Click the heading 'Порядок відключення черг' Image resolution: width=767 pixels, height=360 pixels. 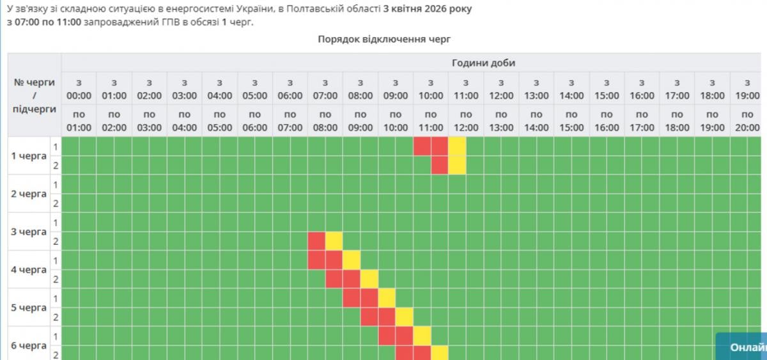coord(384,39)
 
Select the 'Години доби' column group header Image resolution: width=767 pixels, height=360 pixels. coord(483,63)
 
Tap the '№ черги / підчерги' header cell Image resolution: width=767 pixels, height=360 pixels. coord(35,95)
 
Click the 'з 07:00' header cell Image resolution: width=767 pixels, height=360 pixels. coord(325,89)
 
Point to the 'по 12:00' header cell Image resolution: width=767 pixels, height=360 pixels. coord(466,121)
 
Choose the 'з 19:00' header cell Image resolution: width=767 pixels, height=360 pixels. coord(747,89)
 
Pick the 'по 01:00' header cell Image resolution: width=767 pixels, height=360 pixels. coord(79,121)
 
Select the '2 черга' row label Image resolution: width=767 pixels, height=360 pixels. coord(29,194)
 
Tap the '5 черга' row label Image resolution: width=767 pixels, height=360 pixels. coord(29,308)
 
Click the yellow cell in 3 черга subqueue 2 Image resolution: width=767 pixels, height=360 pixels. coord(334,241)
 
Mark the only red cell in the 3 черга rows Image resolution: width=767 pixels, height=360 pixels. coord(316,241)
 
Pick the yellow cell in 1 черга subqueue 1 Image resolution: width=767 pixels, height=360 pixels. coord(457,146)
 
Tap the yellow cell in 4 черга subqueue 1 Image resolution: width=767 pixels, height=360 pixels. coord(352,260)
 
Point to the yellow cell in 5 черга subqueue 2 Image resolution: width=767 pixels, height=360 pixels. coord(404,317)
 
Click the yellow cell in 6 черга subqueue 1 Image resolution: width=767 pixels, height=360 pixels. coord(422,336)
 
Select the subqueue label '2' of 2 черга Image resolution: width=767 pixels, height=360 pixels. coord(56,203)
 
